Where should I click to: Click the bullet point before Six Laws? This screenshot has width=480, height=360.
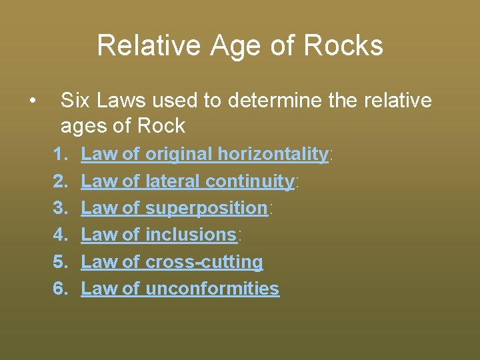click(32, 101)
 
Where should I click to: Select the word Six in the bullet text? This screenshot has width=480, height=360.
click(74, 101)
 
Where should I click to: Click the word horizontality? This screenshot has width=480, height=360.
click(273, 154)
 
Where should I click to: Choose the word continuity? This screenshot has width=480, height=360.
click(250, 181)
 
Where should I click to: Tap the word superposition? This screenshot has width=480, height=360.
click(206, 208)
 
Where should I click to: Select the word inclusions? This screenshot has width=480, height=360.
click(191, 235)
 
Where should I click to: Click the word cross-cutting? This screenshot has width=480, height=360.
click(204, 262)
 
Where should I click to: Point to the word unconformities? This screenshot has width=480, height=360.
click(212, 289)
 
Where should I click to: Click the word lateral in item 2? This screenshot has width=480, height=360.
click(173, 181)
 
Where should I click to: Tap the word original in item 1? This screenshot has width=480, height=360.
click(178, 154)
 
